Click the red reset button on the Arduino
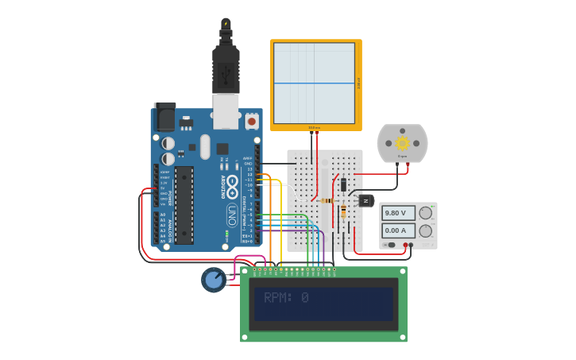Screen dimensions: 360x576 pyautogui.click(x=252, y=122)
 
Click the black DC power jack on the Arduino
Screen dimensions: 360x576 pyautogui.click(x=164, y=118)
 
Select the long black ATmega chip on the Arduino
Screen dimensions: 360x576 pyautogui.click(x=184, y=205)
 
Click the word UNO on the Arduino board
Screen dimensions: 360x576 pyautogui.click(x=232, y=214)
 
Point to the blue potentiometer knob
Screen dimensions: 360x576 pyautogui.click(x=213, y=280)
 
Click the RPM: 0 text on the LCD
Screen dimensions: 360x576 pyautogui.click(x=287, y=297)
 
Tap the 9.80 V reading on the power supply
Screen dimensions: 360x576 pyautogui.click(x=396, y=213)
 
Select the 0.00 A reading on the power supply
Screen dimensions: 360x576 pyautogui.click(x=396, y=230)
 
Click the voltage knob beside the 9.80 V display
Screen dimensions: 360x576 pyautogui.click(x=426, y=212)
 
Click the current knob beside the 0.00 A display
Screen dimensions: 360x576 pyautogui.click(x=426, y=230)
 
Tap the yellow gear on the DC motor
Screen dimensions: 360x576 pyautogui.click(x=402, y=143)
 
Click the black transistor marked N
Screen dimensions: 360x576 pyautogui.click(x=366, y=201)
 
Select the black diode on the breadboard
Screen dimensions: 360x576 pyautogui.click(x=343, y=184)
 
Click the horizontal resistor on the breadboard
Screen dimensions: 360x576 pyautogui.click(x=327, y=201)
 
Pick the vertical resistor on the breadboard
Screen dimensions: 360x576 pyautogui.click(x=343, y=211)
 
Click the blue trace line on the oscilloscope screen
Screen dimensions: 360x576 pyautogui.click(x=314, y=83)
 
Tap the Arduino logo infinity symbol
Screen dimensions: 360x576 pyautogui.click(x=232, y=187)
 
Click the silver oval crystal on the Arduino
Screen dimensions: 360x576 pyautogui.click(x=205, y=146)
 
